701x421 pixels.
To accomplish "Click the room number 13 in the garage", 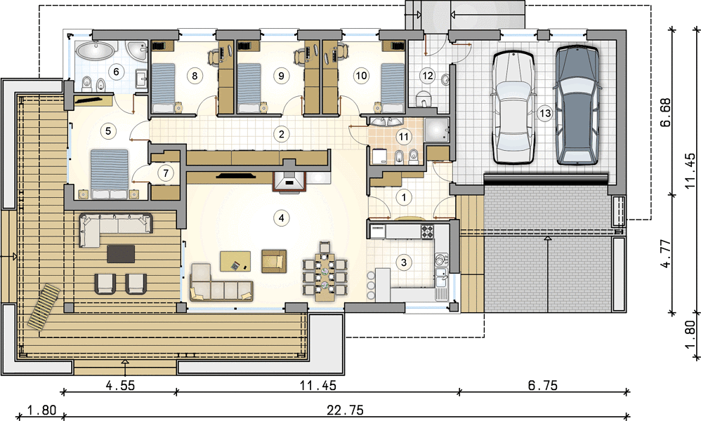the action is pyautogui.click(x=545, y=114).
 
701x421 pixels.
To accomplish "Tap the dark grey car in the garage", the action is pyautogui.click(x=577, y=105).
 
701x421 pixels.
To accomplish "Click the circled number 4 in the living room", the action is pyautogui.click(x=281, y=218).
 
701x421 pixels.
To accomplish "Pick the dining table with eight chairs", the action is pyautogui.click(x=325, y=272).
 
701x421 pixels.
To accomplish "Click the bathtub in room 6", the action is pyautogui.click(x=96, y=51).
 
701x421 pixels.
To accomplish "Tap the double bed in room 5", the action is pyautogui.click(x=110, y=174).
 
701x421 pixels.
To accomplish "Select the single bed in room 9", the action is pyautogui.click(x=249, y=88).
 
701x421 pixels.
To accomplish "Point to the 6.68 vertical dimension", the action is pyautogui.click(x=666, y=112).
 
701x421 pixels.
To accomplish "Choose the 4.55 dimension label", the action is pyautogui.click(x=121, y=385).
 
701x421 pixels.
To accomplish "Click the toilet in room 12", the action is pyautogui.click(x=422, y=100).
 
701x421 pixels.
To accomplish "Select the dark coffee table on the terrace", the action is pyautogui.click(x=121, y=254).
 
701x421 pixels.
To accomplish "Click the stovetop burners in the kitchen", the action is pyautogui.click(x=427, y=231).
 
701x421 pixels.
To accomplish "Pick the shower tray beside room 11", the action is pyautogui.click(x=436, y=129).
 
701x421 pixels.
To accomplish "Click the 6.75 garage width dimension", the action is pyautogui.click(x=543, y=385).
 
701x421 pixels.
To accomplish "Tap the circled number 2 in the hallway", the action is pyautogui.click(x=281, y=134).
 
